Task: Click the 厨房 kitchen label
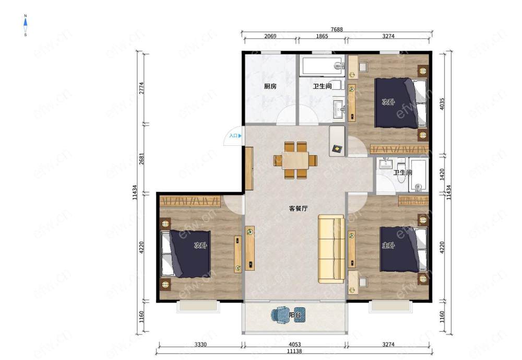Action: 270,86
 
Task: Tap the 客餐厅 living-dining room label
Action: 298,208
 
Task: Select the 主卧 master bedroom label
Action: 388,246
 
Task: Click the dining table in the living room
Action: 295,160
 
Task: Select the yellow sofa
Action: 331,249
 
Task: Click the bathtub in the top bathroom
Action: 322,66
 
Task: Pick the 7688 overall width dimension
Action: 337,29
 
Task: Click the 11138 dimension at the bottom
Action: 294,351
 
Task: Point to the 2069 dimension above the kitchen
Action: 270,36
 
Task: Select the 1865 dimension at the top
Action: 322,36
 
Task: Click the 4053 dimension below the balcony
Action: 294,344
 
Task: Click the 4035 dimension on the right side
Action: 442,103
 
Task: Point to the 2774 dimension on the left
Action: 142,88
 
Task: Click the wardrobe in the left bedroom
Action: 190,201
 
